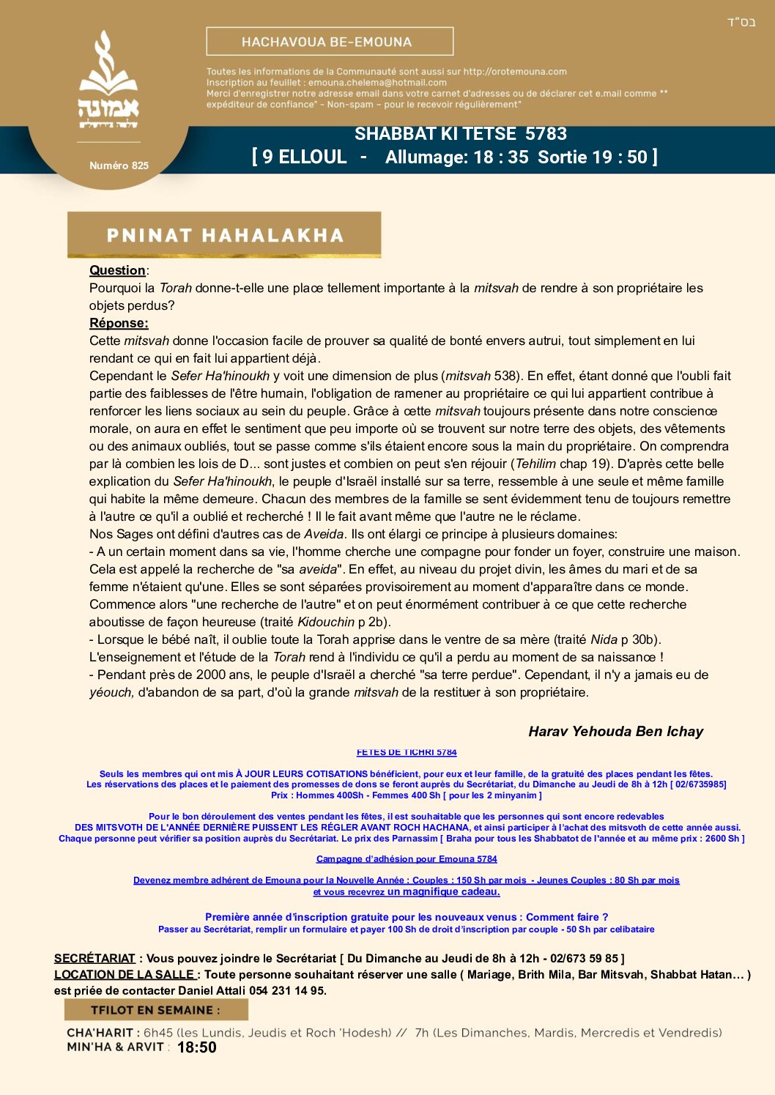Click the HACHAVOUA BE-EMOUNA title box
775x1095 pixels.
tap(330, 42)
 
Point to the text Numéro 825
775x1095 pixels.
tap(119, 166)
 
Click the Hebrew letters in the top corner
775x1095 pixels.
tap(741, 22)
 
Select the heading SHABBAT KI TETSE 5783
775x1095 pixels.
tap(460, 134)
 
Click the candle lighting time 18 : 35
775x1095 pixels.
tap(501, 157)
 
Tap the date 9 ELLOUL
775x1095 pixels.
tap(304, 157)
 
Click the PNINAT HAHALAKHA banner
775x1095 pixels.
tap(224, 235)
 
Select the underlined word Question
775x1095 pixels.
tap(117, 270)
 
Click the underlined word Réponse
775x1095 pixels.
tap(119, 323)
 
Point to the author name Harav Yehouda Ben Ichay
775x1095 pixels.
tap(615, 731)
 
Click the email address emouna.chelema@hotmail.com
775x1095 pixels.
tap(377, 83)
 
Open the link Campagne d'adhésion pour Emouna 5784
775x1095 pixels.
tap(407, 859)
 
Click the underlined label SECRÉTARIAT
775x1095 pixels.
tap(94, 958)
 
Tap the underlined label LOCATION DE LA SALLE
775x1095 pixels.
tap(124, 974)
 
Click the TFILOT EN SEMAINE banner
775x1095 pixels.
tap(155, 1010)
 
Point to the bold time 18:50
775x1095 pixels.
tap(197, 1047)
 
